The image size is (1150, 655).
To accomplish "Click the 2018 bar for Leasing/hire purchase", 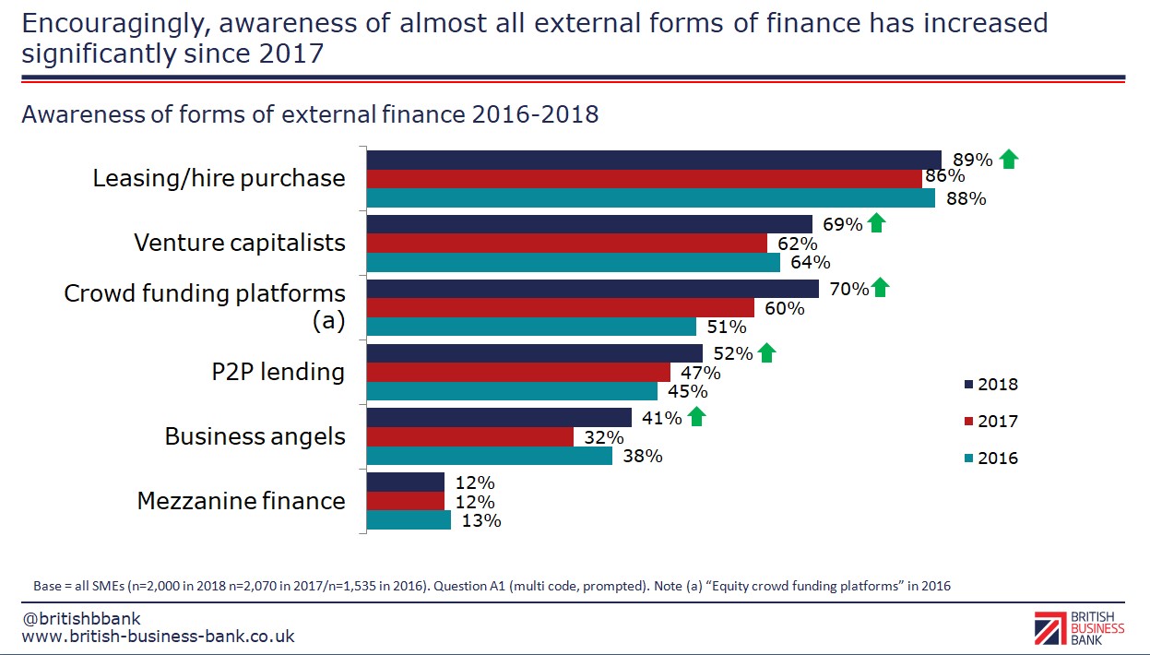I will click(654, 160).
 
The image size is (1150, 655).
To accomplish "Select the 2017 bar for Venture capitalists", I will click(567, 244).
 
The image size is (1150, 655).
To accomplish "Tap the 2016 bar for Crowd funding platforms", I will click(531, 327).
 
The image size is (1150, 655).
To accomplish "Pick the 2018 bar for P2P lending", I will click(535, 353).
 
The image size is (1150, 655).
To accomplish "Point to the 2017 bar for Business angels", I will click(470, 436).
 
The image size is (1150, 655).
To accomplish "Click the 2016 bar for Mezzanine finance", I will click(409, 520).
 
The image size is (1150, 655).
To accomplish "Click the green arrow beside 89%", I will click(1009, 160).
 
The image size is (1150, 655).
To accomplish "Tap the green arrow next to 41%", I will click(697, 417).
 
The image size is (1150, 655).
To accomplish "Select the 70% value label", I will click(848, 289).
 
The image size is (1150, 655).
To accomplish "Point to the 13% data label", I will click(480, 520).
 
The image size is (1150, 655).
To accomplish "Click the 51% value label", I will click(726, 327).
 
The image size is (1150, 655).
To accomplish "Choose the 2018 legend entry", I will click(991, 385).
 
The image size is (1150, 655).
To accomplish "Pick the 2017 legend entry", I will click(991, 422).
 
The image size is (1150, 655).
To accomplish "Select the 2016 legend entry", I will click(991, 458).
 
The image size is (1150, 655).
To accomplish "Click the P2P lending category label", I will click(278, 372).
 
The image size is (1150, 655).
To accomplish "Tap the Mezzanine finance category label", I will click(242, 501).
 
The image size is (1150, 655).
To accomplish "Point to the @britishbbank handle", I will click(81, 618).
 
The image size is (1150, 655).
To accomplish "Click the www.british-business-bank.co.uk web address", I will click(158, 637).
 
